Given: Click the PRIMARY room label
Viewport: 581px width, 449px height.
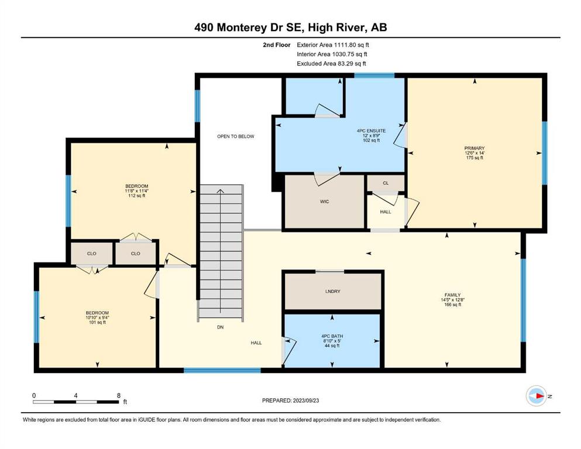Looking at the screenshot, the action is click(475, 148).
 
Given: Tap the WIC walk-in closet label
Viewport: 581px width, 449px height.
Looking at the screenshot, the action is click(324, 202).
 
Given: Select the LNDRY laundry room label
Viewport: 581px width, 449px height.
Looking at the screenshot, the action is click(332, 291).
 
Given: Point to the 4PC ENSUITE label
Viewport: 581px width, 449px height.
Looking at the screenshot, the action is click(371, 130).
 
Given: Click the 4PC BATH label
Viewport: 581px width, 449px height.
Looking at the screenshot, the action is click(332, 336).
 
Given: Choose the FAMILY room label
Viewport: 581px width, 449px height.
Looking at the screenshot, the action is click(452, 295).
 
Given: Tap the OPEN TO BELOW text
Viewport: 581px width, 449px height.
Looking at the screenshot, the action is click(236, 136).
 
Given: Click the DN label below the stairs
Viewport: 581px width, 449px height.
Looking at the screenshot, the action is click(220, 327).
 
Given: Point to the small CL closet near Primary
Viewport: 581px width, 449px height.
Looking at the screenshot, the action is click(386, 183).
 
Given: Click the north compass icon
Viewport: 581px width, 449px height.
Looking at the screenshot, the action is click(537, 396).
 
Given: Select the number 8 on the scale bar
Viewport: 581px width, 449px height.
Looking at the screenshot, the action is click(119, 395).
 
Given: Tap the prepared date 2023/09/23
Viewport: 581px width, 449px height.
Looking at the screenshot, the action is click(305, 400).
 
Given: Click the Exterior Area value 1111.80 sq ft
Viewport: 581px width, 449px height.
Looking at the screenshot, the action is click(351, 45).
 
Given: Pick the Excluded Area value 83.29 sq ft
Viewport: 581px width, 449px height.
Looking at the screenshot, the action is click(352, 63).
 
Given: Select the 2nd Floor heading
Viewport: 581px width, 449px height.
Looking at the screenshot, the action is click(276, 45).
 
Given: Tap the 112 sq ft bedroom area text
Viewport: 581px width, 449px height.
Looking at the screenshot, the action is click(137, 195).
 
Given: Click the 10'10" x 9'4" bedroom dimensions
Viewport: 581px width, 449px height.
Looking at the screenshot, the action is click(97, 317).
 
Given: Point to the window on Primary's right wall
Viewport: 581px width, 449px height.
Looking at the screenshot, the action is click(544, 153).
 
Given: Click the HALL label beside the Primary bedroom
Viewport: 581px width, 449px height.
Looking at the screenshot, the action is click(386, 212).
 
